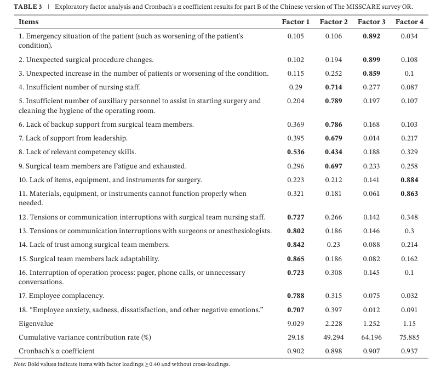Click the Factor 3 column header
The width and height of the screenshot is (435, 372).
(371, 21)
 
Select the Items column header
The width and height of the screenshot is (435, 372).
(28, 21)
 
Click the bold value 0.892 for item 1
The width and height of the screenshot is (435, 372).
(371, 36)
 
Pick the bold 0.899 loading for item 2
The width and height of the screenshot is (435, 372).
(371, 60)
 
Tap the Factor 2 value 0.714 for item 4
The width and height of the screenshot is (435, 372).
(334, 87)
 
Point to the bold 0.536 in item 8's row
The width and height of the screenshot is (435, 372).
(296, 152)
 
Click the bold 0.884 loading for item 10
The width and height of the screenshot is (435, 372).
(409, 180)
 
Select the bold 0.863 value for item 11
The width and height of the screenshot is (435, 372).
(409, 194)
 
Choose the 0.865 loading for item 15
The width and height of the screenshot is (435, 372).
(296, 259)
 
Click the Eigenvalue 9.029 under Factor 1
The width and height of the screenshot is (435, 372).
(296, 324)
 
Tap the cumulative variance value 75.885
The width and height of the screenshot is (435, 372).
(409, 337)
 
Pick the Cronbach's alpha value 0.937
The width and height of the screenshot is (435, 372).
(409, 351)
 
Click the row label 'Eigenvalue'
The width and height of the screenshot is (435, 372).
(36, 324)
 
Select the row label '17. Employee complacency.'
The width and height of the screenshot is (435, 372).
(61, 296)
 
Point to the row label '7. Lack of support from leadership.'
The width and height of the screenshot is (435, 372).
(73, 138)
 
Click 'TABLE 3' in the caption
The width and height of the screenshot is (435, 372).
(28, 7)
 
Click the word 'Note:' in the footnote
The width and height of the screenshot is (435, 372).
(20, 364)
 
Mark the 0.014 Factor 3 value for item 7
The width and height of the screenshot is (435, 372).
(371, 138)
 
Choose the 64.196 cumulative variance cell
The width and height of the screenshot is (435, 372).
(371, 337)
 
